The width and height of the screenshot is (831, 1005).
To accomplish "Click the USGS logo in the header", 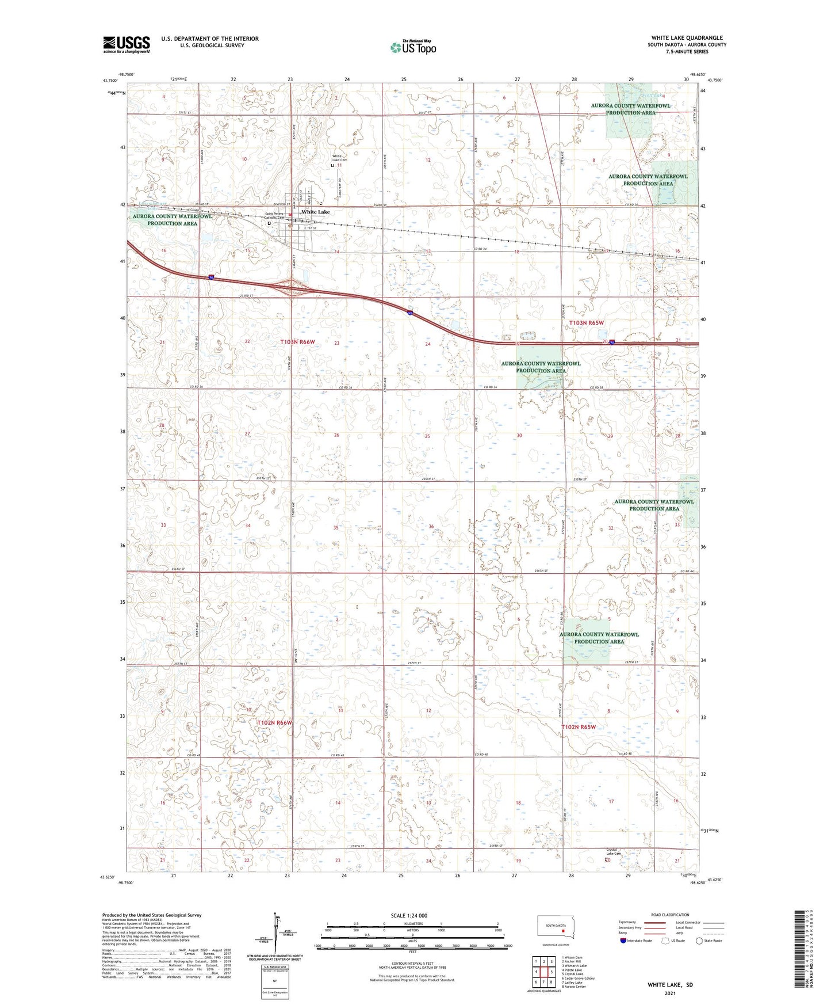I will [126, 44].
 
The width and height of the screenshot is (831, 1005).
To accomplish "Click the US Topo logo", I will [412, 47].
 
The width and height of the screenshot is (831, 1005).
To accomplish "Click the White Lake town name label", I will [316, 212].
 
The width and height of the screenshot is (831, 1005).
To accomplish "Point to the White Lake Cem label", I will [340, 158].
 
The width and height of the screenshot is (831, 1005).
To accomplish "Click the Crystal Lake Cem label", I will [614, 852].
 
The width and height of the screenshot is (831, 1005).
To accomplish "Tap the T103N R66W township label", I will [298, 342].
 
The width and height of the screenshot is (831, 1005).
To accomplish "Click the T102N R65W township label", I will [587, 727].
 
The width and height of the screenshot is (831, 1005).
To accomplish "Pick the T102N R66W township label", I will [275, 722].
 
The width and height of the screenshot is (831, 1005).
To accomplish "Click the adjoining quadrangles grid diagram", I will [543, 973].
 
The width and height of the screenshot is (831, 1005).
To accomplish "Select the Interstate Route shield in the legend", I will [623, 941].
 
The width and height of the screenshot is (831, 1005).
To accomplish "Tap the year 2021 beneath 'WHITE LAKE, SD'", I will [669, 993].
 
